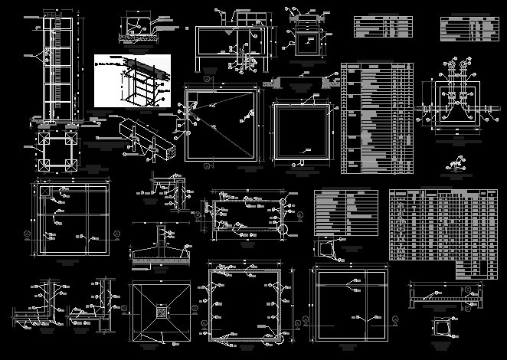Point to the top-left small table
381,26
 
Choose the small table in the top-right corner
466,27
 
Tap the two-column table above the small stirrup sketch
345,212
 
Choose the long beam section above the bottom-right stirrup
443,295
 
